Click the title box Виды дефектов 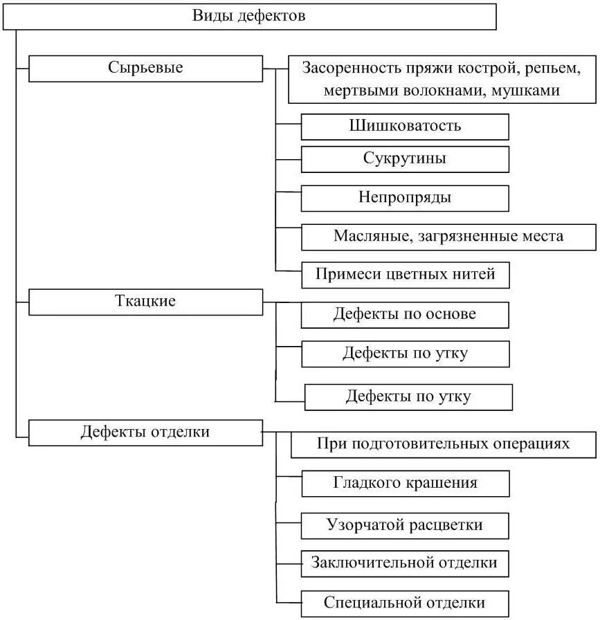249,16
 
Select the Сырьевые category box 145,69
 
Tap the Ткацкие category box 145,302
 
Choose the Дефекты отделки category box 145,432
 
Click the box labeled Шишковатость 405,127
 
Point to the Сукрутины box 405,158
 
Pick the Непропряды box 405,198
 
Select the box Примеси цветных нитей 406,274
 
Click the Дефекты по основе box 405,314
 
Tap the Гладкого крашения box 406,483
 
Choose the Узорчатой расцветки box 405,525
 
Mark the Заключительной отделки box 405,563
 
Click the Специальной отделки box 405,603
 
